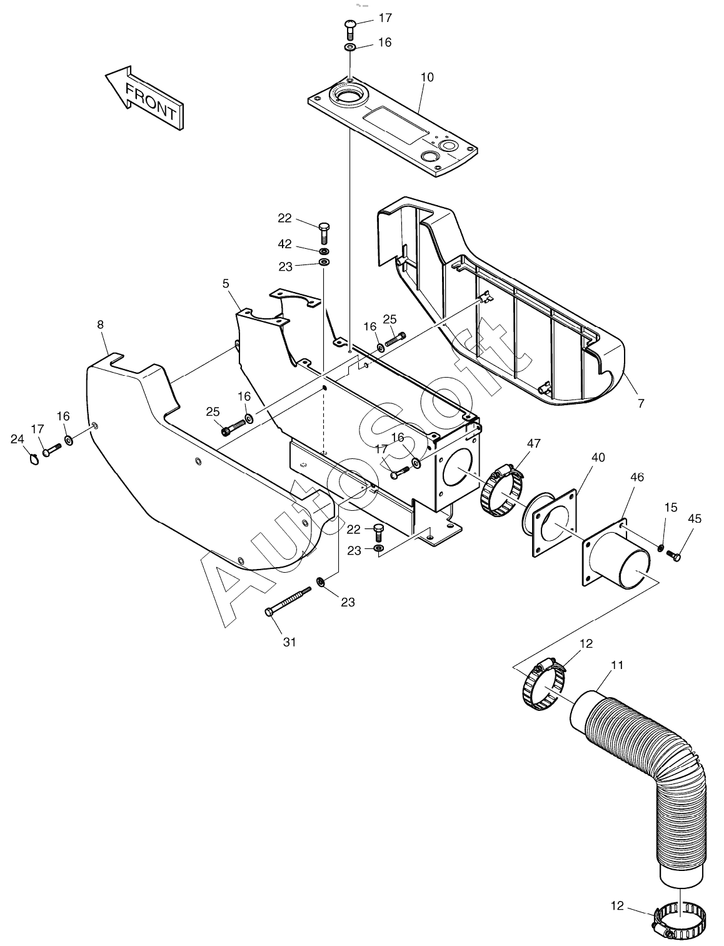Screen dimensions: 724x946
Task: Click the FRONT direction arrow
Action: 144,99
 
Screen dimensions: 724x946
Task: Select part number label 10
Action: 427,78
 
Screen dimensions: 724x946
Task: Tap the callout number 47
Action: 533,443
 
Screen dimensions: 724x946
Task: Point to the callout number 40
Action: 598,457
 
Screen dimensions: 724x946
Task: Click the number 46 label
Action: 637,477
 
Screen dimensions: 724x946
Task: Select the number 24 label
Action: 18,439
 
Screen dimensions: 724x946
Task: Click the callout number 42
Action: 284,244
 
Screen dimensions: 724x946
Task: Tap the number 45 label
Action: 694,518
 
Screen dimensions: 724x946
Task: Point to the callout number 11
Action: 617,665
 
